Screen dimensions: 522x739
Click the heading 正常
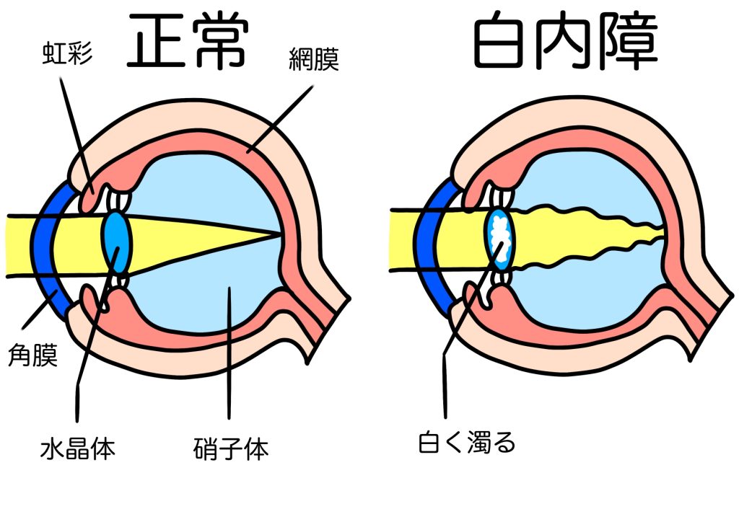tap(189, 42)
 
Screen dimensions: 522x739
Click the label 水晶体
tap(77, 448)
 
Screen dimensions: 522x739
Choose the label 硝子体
tap(231, 448)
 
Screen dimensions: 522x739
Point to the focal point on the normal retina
tap(280, 234)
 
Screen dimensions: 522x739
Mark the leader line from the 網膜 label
tap(281, 118)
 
